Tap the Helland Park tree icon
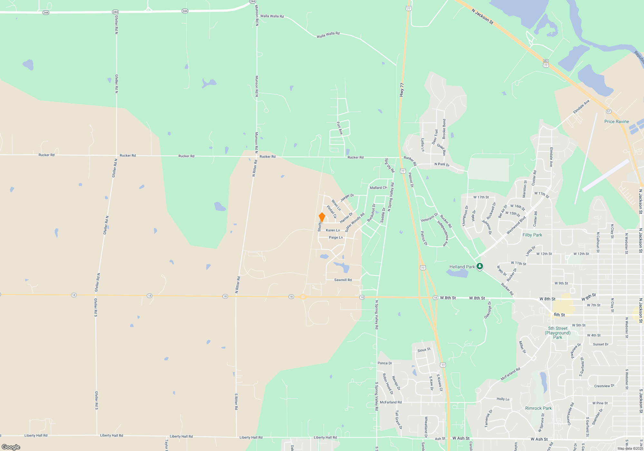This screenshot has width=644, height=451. [480, 266]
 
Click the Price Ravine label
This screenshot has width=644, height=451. [617, 121]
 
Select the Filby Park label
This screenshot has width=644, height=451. [532, 235]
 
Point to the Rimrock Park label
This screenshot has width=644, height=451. [538, 408]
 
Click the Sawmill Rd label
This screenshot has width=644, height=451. [343, 280]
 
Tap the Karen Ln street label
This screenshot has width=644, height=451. [333, 230]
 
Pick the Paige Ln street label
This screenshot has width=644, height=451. [336, 237]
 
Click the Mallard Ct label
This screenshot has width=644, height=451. [378, 187]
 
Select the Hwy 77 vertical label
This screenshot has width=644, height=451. [402, 90]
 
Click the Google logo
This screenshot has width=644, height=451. [11, 447]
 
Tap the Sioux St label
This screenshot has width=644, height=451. [424, 350]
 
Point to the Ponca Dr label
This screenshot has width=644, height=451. [385, 363]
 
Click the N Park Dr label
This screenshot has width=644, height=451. [442, 164]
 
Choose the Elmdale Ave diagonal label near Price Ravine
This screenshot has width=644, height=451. [581, 107]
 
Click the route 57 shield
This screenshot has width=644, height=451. [609, 111]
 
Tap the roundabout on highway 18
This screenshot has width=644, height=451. [303, 297]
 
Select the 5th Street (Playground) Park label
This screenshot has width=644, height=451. [558, 333]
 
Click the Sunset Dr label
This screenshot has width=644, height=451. [601, 344]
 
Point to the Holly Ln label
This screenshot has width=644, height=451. [503, 399]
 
